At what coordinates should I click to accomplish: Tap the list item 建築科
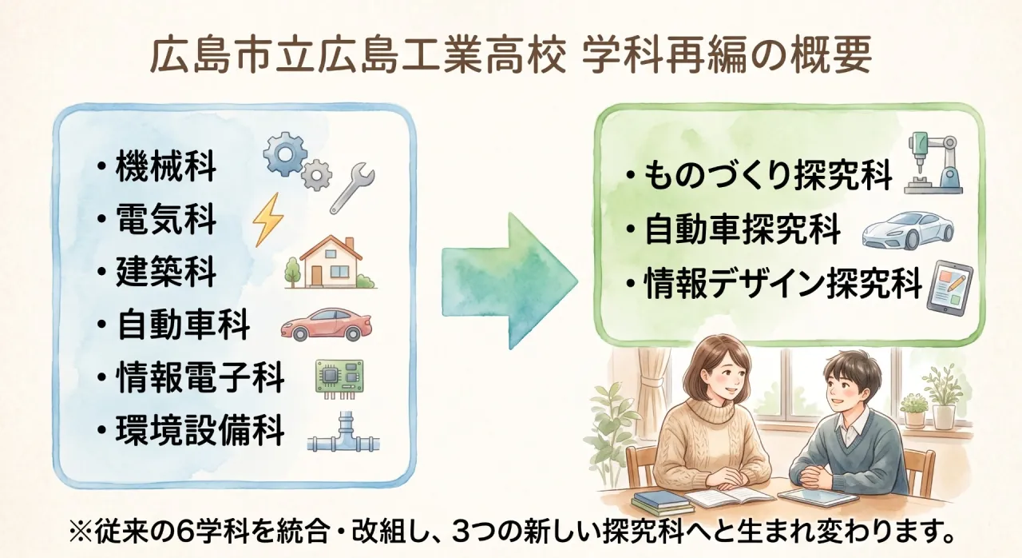coord(165,272)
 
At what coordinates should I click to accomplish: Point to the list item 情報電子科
coord(200,377)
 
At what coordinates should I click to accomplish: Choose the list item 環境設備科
coord(200,429)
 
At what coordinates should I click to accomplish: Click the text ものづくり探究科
coord(768,175)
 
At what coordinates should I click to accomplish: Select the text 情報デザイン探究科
coord(783,283)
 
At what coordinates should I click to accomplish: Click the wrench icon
coord(352,188)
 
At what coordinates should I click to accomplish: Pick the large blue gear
coord(286,153)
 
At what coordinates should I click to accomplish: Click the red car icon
coord(326,324)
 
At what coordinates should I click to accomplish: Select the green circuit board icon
coord(340,377)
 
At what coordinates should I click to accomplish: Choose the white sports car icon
coord(908,229)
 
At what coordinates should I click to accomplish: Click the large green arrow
coord(509,281)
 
